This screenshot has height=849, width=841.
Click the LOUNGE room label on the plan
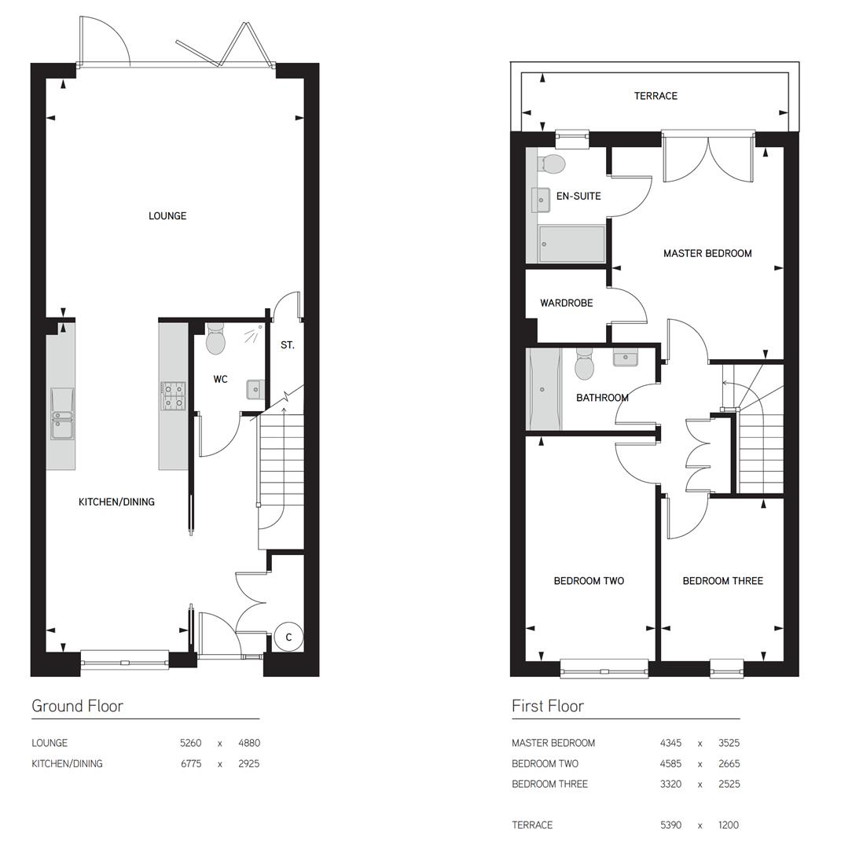tap(167, 216)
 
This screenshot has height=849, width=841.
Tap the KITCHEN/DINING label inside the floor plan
tap(116, 502)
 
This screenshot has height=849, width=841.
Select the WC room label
tap(221, 380)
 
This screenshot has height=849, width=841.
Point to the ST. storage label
tap(288, 345)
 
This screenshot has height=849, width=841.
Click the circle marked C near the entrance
tap(288, 638)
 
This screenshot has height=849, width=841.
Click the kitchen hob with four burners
tap(174, 395)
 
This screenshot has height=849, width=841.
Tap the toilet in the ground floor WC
tap(215, 341)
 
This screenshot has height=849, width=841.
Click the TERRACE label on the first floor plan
tap(656, 96)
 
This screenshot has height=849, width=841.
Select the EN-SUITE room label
tap(578, 197)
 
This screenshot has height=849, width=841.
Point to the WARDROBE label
tap(567, 303)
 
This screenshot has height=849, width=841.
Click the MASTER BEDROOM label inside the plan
tap(707, 254)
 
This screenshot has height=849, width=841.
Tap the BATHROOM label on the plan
tap(602, 398)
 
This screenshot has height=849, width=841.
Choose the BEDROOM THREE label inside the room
tap(722, 582)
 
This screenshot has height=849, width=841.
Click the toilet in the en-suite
tap(553, 164)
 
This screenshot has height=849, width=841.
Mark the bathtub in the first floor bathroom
tap(544, 389)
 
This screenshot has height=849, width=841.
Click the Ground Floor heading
tap(77, 706)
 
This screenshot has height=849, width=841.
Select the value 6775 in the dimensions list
tap(191, 764)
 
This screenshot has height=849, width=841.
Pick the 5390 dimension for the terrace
tap(670, 825)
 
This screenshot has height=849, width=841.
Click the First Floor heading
tap(547, 706)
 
